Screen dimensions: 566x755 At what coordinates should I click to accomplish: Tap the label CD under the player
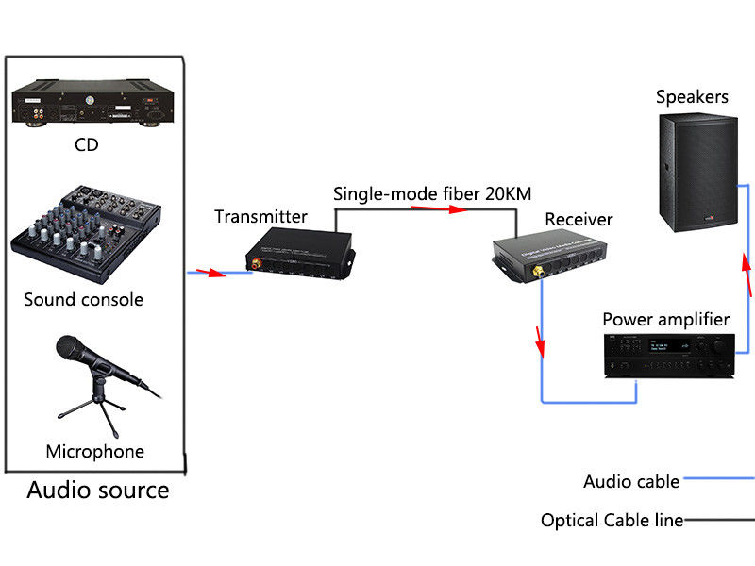tap(86, 145)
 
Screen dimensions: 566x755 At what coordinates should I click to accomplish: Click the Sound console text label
tap(83, 300)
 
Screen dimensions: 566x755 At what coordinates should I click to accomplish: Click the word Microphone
tap(94, 451)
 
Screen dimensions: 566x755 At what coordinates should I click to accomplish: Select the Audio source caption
tap(98, 491)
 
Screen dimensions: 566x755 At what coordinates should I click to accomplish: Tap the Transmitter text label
tap(260, 217)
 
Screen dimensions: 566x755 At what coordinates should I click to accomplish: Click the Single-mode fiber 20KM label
tap(432, 194)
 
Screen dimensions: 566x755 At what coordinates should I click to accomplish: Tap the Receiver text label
tap(579, 220)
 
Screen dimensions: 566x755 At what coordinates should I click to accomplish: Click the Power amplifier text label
tap(665, 319)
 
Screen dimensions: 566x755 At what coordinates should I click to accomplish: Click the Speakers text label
tap(692, 97)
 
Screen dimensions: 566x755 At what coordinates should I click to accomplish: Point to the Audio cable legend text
tap(631, 481)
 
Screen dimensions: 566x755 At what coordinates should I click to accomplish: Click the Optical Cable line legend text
tap(612, 520)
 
